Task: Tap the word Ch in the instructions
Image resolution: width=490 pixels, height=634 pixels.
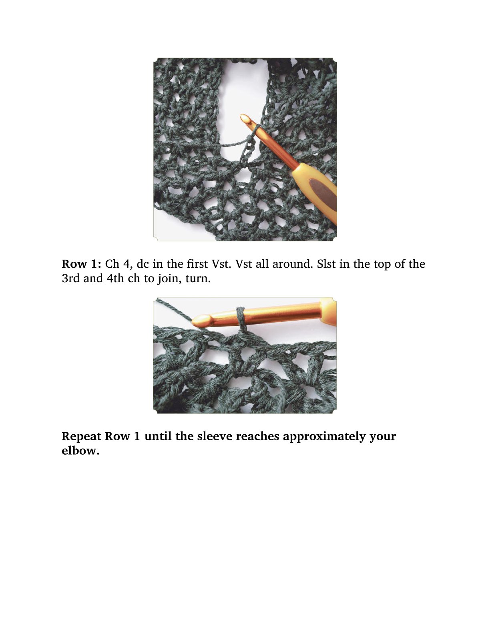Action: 112,264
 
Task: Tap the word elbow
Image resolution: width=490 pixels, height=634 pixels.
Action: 80,450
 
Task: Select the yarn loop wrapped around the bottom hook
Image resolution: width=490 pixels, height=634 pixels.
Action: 241,320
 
